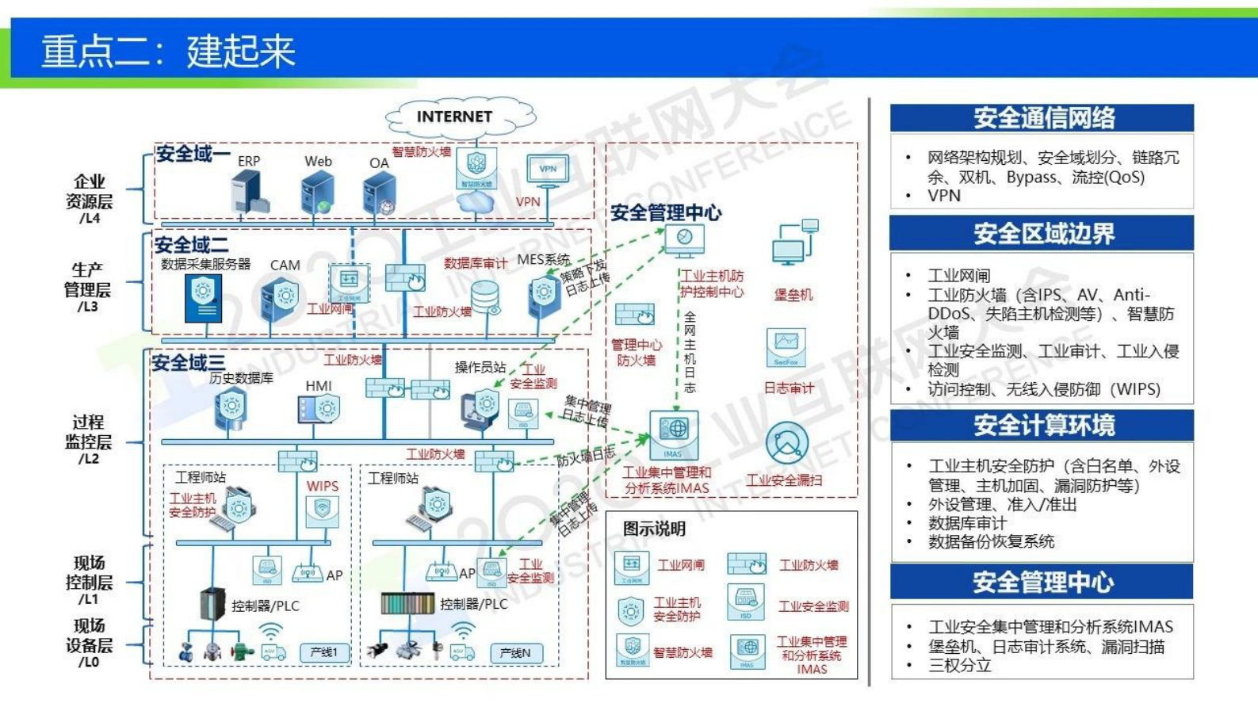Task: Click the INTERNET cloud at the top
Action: [x=455, y=117]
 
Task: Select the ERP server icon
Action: [x=250, y=193]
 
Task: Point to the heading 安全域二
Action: [x=191, y=245]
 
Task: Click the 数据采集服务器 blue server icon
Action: [x=203, y=297]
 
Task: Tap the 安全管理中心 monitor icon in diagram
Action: [x=684, y=239]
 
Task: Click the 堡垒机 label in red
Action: [x=793, y=295]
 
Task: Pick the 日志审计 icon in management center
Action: [x=786, y=347]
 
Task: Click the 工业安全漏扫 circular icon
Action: [x=787, y=444]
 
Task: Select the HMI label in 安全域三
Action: [x=319, y=386]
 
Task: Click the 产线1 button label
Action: [x=323, y=652]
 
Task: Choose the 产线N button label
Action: [x=515, y=653]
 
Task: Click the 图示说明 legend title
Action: [x=654, y=529]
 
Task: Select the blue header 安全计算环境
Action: [x=1042, y=426]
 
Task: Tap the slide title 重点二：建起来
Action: [x=168, y=52]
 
